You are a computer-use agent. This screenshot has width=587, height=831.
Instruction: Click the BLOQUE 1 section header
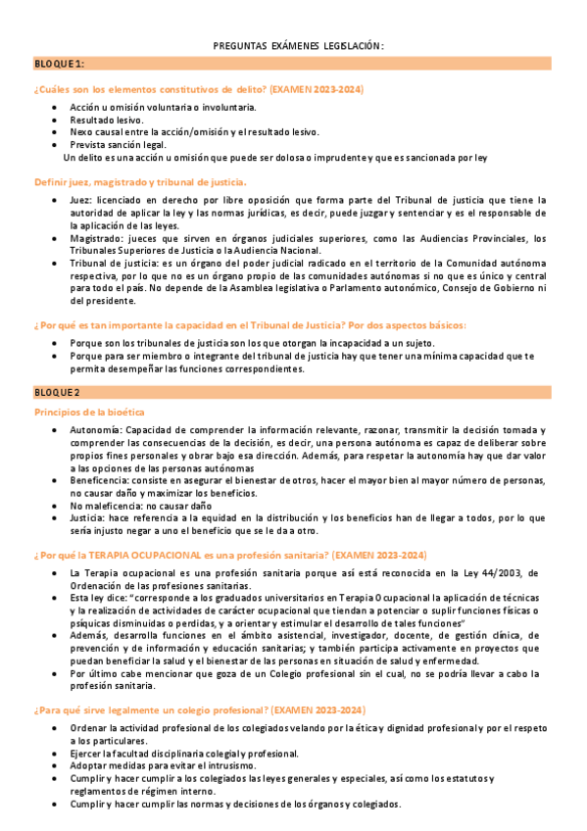[60, 64]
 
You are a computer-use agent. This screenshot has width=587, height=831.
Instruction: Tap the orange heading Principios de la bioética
[89, 412]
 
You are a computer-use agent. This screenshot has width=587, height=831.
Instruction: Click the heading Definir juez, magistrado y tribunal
[140, 181]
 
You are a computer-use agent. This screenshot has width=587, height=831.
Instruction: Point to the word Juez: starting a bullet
[80, 199]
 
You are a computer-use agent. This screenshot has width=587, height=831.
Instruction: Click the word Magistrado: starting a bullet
[96, 237]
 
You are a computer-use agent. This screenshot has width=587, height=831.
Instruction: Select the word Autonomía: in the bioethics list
[96, 429]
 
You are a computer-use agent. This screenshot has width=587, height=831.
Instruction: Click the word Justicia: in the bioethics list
[89, 518]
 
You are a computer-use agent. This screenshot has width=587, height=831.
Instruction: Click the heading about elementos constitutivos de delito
[198, 89]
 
